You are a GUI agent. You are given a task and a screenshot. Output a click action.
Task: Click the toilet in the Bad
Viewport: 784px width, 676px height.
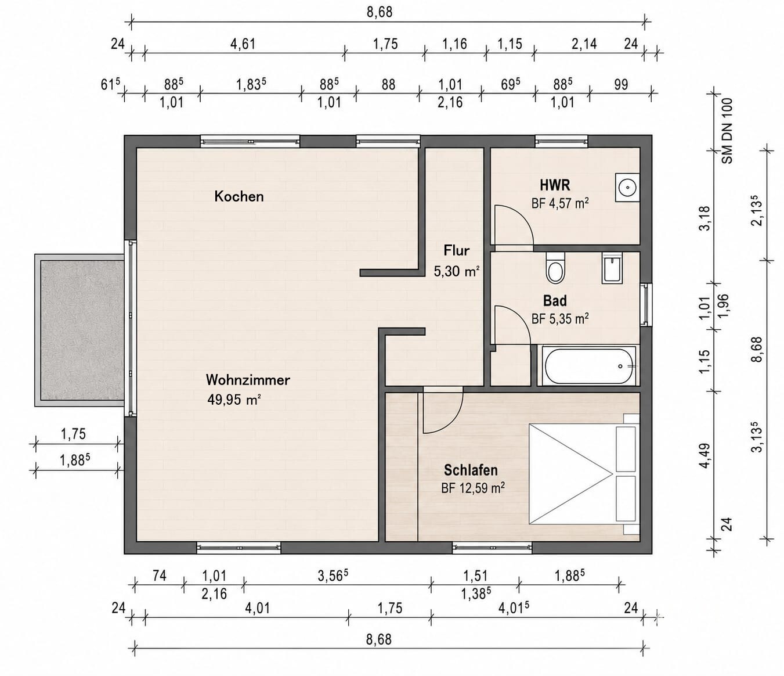pyautogui.click(x=555, y=267)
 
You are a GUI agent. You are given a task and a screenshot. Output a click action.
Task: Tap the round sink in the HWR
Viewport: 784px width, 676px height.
pyautogui.click(x=627, y=188)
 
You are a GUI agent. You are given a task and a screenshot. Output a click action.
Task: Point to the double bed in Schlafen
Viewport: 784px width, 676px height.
pyautogui.click(x=584, y=474)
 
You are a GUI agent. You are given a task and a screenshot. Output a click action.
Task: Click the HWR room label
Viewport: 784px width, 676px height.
pyautogui.click(x=555, y=186)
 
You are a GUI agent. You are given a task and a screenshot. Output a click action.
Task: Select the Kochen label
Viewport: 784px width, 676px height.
pyautogui.click(x=239, y=197)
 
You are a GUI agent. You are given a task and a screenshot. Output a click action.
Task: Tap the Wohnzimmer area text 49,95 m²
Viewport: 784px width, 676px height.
pyautogui.click(x=234, y=400)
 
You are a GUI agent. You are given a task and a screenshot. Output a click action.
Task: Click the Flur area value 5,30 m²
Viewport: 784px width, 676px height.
pyautogui.click(x=456, y=271)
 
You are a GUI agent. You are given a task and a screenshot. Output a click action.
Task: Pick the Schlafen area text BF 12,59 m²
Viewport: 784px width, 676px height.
pyautogui.click(x=473, y=488)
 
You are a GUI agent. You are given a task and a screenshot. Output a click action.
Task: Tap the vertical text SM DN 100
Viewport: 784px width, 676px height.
pyautogui.click(x=727, y=131)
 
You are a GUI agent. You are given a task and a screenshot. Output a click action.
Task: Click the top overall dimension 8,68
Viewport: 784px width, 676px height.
pyautogui.click(x=380, y=12)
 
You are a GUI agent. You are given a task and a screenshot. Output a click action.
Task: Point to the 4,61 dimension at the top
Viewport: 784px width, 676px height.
pyautogui.click(x=243, y=44)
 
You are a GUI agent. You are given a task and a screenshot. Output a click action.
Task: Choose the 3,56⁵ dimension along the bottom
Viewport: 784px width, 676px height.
pyautogui.click(x=333, y=576)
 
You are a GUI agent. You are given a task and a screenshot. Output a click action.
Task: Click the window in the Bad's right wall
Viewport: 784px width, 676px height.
pyautogui.click(x=645, y=305)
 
